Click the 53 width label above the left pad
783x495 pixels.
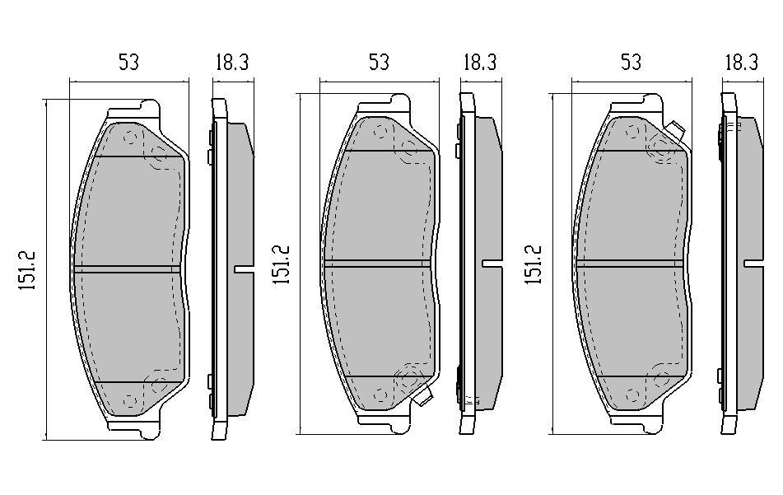pos(128,63)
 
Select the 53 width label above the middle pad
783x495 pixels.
pos(379,63)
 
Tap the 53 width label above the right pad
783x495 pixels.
pos(631,63)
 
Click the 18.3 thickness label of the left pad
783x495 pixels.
pos(232,63)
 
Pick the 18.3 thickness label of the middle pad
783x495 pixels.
pos(480,63)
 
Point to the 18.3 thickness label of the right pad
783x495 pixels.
pos(742,63)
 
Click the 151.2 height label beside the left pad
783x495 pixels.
pos(26,270)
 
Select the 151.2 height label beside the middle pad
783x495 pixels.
pos(281,264)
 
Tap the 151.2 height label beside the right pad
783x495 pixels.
pos(533,264)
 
